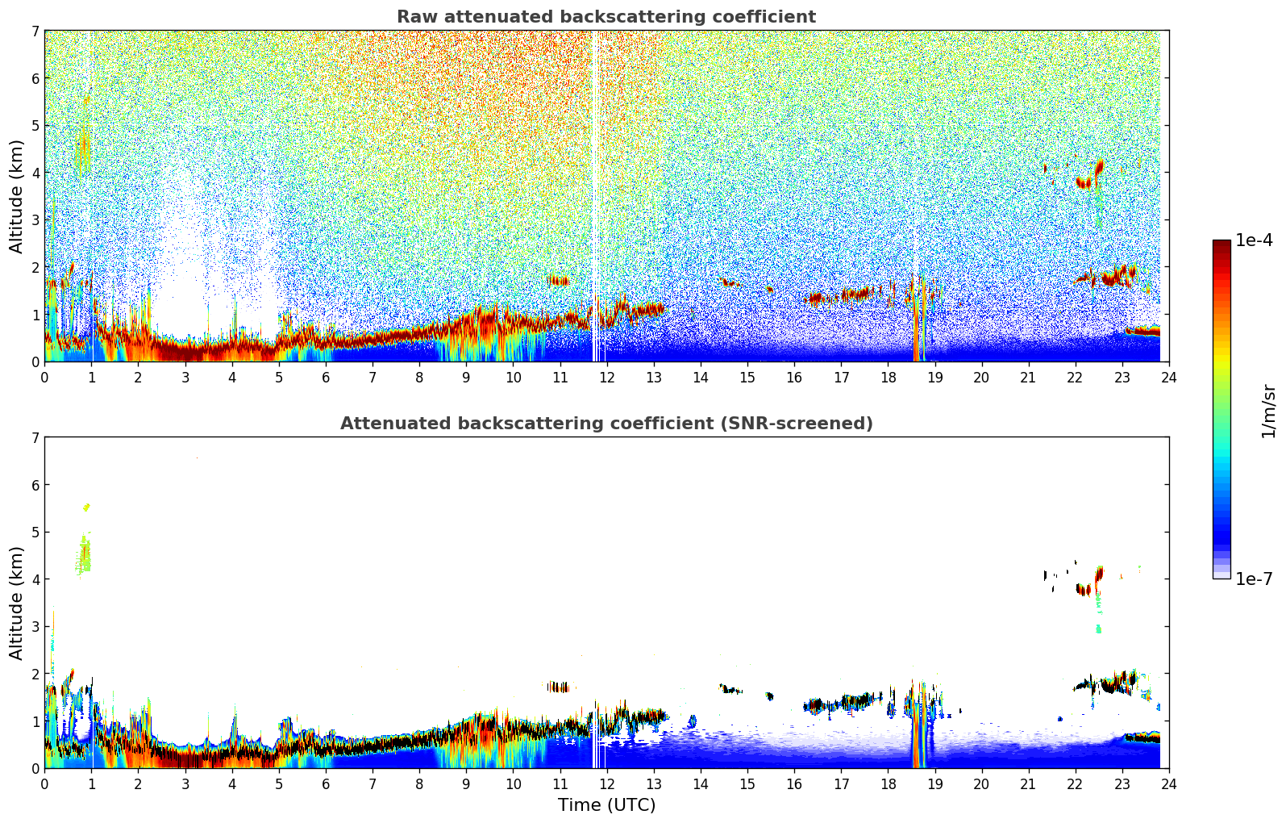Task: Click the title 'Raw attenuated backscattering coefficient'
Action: pos(606,17)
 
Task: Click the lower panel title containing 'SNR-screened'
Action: pos(606,424)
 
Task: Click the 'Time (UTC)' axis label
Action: pos(606,805)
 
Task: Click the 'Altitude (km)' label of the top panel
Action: pos(17,196)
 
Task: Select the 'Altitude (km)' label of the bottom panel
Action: pos(17,603)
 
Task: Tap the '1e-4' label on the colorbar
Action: pos(1254,240)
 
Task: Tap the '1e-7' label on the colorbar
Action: pos(1254,579)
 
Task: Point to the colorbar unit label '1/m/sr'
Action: pos(1268,411)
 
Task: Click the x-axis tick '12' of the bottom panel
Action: pos(607,783)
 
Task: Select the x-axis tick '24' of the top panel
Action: pos(1169,377)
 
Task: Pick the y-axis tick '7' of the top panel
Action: pos(35,31)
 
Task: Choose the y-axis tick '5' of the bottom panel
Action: pos(35,533)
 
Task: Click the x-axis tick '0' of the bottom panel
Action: pos(44,783)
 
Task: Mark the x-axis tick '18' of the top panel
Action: pos(888,377)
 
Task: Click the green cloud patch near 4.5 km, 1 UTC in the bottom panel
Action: pos(84,555)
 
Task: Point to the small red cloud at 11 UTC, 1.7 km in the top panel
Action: pos(558,281)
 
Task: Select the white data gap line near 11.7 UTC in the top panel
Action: pos(594,194)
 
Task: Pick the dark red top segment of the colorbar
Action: pos(1221,247)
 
